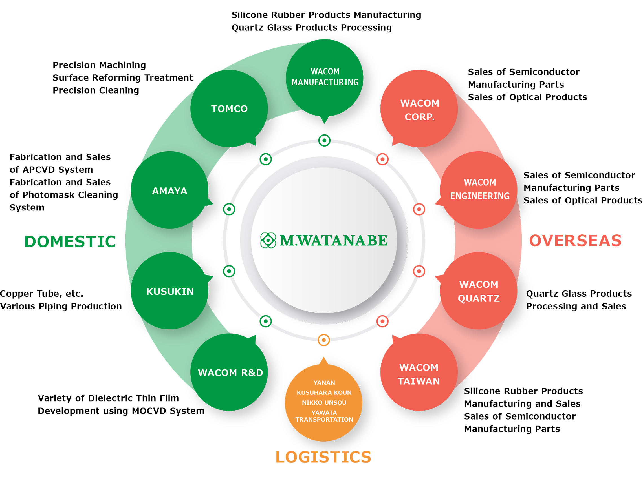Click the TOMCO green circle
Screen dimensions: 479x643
tap(229, 108)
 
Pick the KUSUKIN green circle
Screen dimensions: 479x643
tap(169, 291)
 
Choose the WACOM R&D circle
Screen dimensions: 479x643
tap(229, 372)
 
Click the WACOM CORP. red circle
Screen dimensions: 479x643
tap(419, 109)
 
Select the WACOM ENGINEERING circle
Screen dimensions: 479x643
tap(479, 190)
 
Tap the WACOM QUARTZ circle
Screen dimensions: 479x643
tap(479, 291)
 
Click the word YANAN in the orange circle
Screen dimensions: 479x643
tap(324, 383)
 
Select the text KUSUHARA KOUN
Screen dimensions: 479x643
tap(324, 392)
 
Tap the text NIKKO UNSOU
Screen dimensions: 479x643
tap(324, 402)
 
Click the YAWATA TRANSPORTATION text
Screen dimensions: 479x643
tap(324, 416)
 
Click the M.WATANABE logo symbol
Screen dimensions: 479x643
tap(268, 240)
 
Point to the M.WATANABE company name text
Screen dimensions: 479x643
tap(333, 240)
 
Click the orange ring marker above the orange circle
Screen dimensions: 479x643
tap(324, 340)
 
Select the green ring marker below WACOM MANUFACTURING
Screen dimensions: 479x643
tap(324, 141)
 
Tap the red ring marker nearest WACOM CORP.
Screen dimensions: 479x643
tap(382, 159)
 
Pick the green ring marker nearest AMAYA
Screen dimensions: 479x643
tap(229, 209)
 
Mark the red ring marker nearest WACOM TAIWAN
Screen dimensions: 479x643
tap(382, 321)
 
